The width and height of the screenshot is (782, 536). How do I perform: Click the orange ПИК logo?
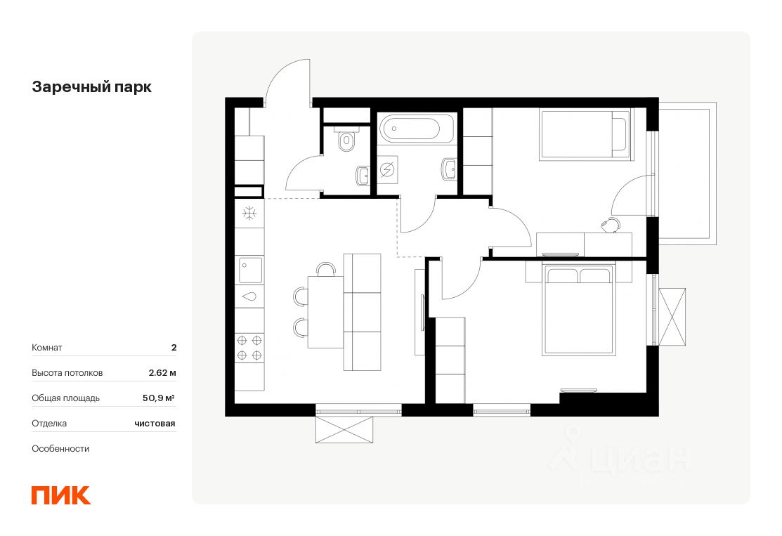coord(61,495)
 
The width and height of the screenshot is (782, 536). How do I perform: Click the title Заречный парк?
coord(92,87)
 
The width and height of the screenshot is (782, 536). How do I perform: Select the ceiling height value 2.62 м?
coord(162,372)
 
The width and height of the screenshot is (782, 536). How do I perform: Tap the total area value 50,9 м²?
coord(159,398)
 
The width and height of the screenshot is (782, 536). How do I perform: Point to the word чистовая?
coord(155,424)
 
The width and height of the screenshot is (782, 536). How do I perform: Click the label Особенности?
coord(60,449)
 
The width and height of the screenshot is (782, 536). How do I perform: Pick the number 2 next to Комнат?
coord(174,348)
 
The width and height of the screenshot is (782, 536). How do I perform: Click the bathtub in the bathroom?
coord(417,128)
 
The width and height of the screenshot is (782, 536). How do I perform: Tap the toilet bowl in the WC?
coord(346,140)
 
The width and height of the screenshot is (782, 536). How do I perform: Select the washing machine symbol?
coord(388,170)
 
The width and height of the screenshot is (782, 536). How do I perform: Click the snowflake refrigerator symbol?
coord(249,214)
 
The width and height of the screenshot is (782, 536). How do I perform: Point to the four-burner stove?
coord(249,348)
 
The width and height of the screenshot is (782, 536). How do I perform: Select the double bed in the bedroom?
coord(578,310)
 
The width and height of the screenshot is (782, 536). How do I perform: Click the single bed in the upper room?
coord(586,135)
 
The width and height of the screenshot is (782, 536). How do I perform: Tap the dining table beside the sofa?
coord(326,312)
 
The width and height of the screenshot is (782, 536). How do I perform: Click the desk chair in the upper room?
coord(611,225)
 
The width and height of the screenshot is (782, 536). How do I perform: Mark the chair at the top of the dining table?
coord(326,269)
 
